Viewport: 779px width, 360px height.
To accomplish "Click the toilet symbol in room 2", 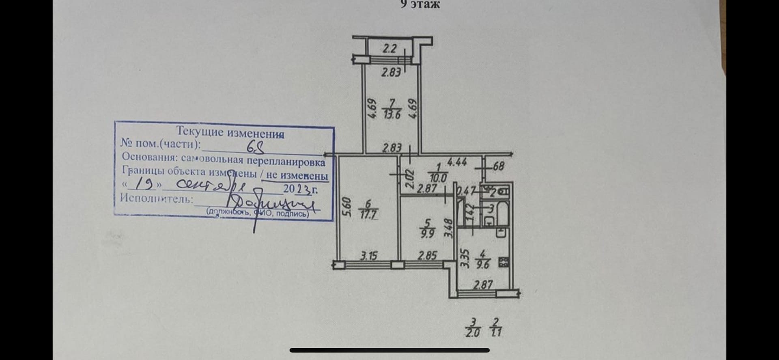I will pyautogui.click(x=503, y=190).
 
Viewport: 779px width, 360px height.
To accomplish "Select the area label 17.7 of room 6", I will pyautogui.click(x=369, y=215).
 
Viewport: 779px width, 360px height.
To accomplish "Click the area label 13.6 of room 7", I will pyautogui.click(x=392, y=114).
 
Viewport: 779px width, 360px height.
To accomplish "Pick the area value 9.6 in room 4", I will pyautogui.click(x=483, y=263).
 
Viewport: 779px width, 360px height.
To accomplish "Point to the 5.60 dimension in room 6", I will pyautogui.click(x=345, y=207).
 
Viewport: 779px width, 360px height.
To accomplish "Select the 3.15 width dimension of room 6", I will pyautogui.click(x=369, y=256).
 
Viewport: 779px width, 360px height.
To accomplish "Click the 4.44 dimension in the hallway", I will pyautogui.click(x=456, y=162).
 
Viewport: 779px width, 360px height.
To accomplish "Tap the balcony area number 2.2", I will pyautogui.click(x=389, y=49).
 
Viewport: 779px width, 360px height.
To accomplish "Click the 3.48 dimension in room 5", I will pyautogui.click(x=448, y=229).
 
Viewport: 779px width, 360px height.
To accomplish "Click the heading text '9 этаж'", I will pyautogui.click(x=420, y=4).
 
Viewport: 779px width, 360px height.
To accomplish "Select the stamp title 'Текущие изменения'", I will pyautogui.click(x=230, y=132).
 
